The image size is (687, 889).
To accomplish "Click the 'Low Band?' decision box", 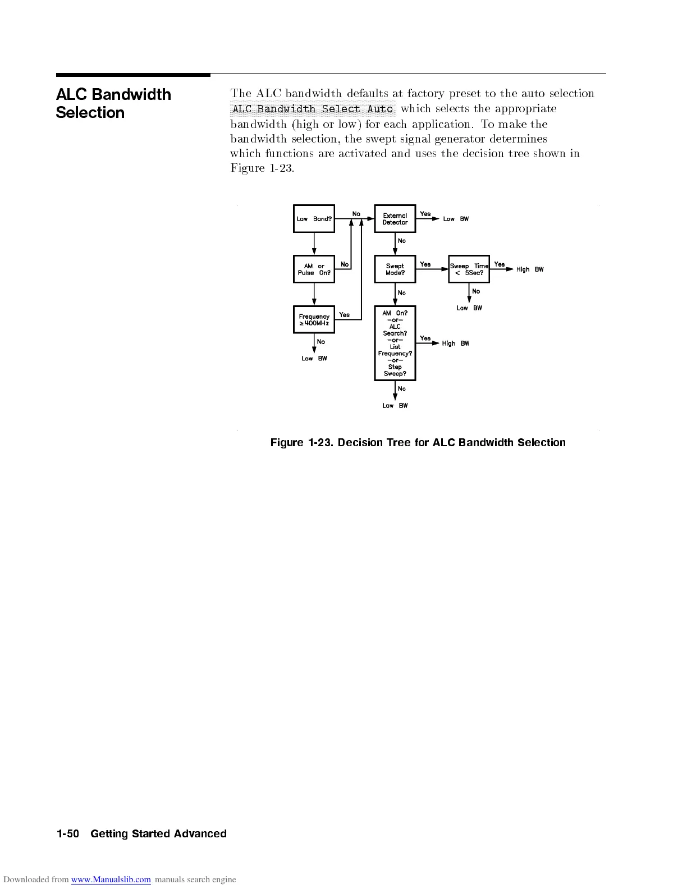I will [x=314, y=219].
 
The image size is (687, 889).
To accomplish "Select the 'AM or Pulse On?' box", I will [x=314, y=269].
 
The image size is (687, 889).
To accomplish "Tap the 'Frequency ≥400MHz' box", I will [x=314, y=320].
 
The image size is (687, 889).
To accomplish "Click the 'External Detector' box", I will [x=395, y=219].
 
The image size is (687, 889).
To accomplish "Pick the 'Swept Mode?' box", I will [x=395, y=269].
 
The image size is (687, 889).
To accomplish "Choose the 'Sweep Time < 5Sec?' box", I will [x=469, y=269].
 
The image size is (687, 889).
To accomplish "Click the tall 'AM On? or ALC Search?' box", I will [x=395, y=343].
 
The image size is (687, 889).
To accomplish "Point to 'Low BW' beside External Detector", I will [x=456, y=219].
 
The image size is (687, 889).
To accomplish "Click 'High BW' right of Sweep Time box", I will [x=530, y=269].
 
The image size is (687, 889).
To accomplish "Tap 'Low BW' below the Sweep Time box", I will [x=469, y=308].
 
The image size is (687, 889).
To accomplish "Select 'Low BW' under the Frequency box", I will [x=314, y=359].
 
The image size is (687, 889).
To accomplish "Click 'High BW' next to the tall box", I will [x=455, y=343].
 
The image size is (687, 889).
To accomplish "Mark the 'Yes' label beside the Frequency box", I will [x=345, y=315].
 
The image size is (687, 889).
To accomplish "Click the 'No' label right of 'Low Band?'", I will [x=356, y=214].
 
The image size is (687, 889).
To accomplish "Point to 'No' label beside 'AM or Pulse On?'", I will [x=345, y=264].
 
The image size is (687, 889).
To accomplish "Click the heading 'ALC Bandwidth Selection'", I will [x=113, y=103].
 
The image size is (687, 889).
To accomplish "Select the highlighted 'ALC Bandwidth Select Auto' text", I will [x=313, y=109].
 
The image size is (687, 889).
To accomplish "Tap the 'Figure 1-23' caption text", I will [x=418, y=443].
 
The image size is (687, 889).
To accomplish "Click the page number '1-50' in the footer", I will [x=68, y=834].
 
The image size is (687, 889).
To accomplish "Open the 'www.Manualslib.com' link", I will [x=111, y=879].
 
